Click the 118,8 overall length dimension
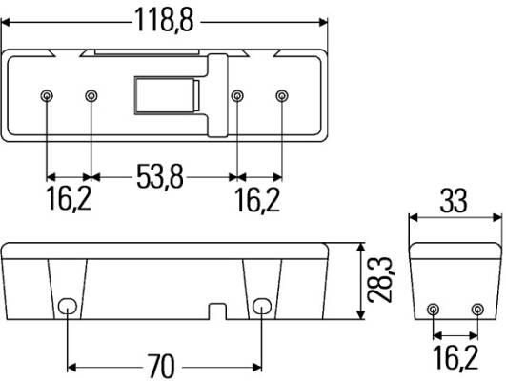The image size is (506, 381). (164, 20)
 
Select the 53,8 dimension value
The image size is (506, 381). (160, 176)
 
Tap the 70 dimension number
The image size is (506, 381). (161, 366)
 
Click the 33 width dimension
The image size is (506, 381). (454, 201)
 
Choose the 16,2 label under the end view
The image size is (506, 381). (455, 357)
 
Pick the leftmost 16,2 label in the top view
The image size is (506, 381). (69, 199)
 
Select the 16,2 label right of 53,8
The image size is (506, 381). (257, 200)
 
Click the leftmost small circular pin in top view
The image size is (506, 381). (47, 96)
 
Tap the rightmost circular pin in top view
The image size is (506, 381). (282, 96)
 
